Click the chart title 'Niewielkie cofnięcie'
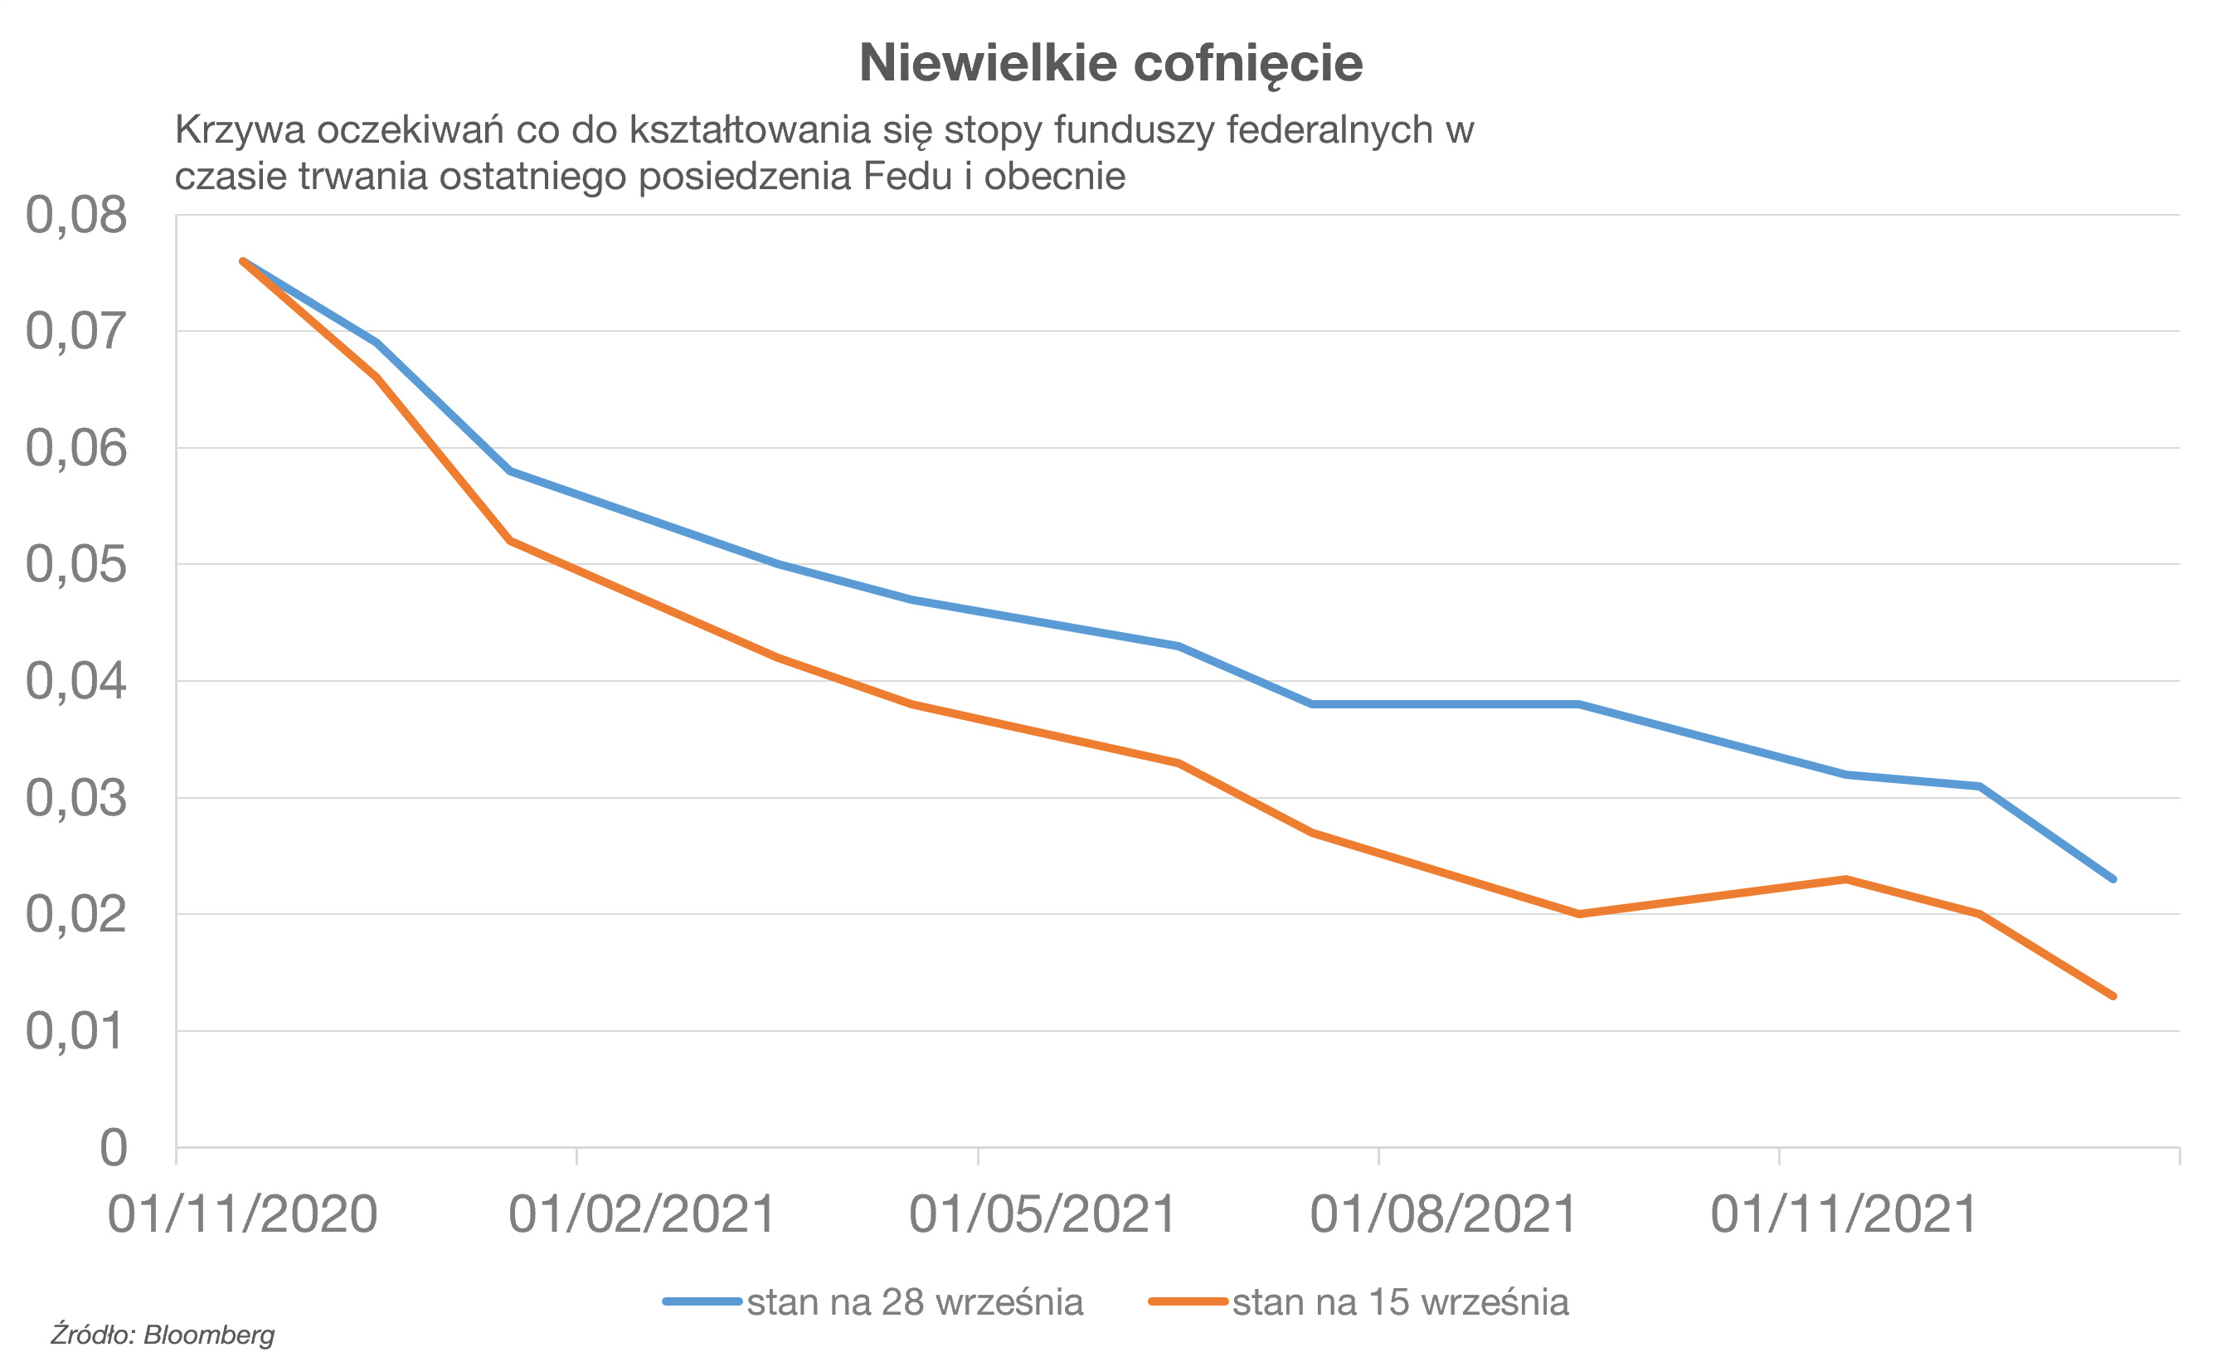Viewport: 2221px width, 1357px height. (1110, 63)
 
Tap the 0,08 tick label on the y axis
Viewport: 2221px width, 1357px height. (76, 216)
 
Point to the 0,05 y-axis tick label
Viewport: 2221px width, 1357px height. (76, 566)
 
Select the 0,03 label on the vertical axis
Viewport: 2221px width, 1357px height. (76, 799)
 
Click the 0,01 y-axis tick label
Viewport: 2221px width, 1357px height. (76, 1032)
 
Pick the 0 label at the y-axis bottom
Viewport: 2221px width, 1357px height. (114, 1149)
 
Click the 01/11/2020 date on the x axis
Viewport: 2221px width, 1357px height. (242, 1214)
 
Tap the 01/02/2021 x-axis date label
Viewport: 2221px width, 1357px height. (643, 1214)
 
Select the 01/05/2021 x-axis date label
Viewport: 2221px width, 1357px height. (1042, 1214)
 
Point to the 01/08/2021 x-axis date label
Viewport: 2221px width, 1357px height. (1443, 1214)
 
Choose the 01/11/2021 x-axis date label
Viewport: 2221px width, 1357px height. (1844, 1214)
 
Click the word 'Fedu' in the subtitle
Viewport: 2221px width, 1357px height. (906, 176)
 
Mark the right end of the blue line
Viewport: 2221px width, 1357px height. (2113, 879)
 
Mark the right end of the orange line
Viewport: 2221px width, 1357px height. (2113, 996)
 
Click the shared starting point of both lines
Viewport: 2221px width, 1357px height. (243, 261)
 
